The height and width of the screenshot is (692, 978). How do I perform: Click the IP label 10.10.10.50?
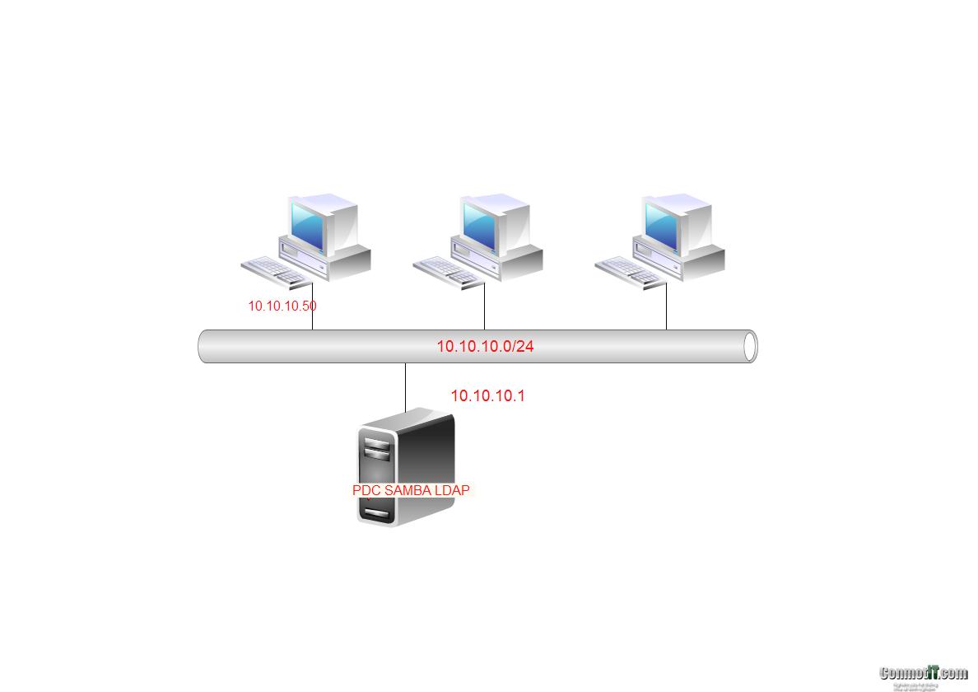(282, 306)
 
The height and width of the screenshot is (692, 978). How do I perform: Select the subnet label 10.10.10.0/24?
(485, 346)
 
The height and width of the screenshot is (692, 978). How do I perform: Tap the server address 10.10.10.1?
(487, 396)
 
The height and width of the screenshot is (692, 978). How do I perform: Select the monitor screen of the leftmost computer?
(308, 223)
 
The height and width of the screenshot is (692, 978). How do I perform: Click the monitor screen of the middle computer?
(481, 223)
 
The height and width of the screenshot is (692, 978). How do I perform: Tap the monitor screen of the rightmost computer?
(663, 223)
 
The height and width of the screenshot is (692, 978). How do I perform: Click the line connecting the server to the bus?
(405, 386)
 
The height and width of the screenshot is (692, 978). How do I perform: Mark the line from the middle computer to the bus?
(484, 306)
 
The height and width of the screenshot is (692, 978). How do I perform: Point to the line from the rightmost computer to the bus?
(666, 306)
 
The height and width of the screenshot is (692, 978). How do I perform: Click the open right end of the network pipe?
(749, 347)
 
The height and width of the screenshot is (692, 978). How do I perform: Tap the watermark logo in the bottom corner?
(923, 675)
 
